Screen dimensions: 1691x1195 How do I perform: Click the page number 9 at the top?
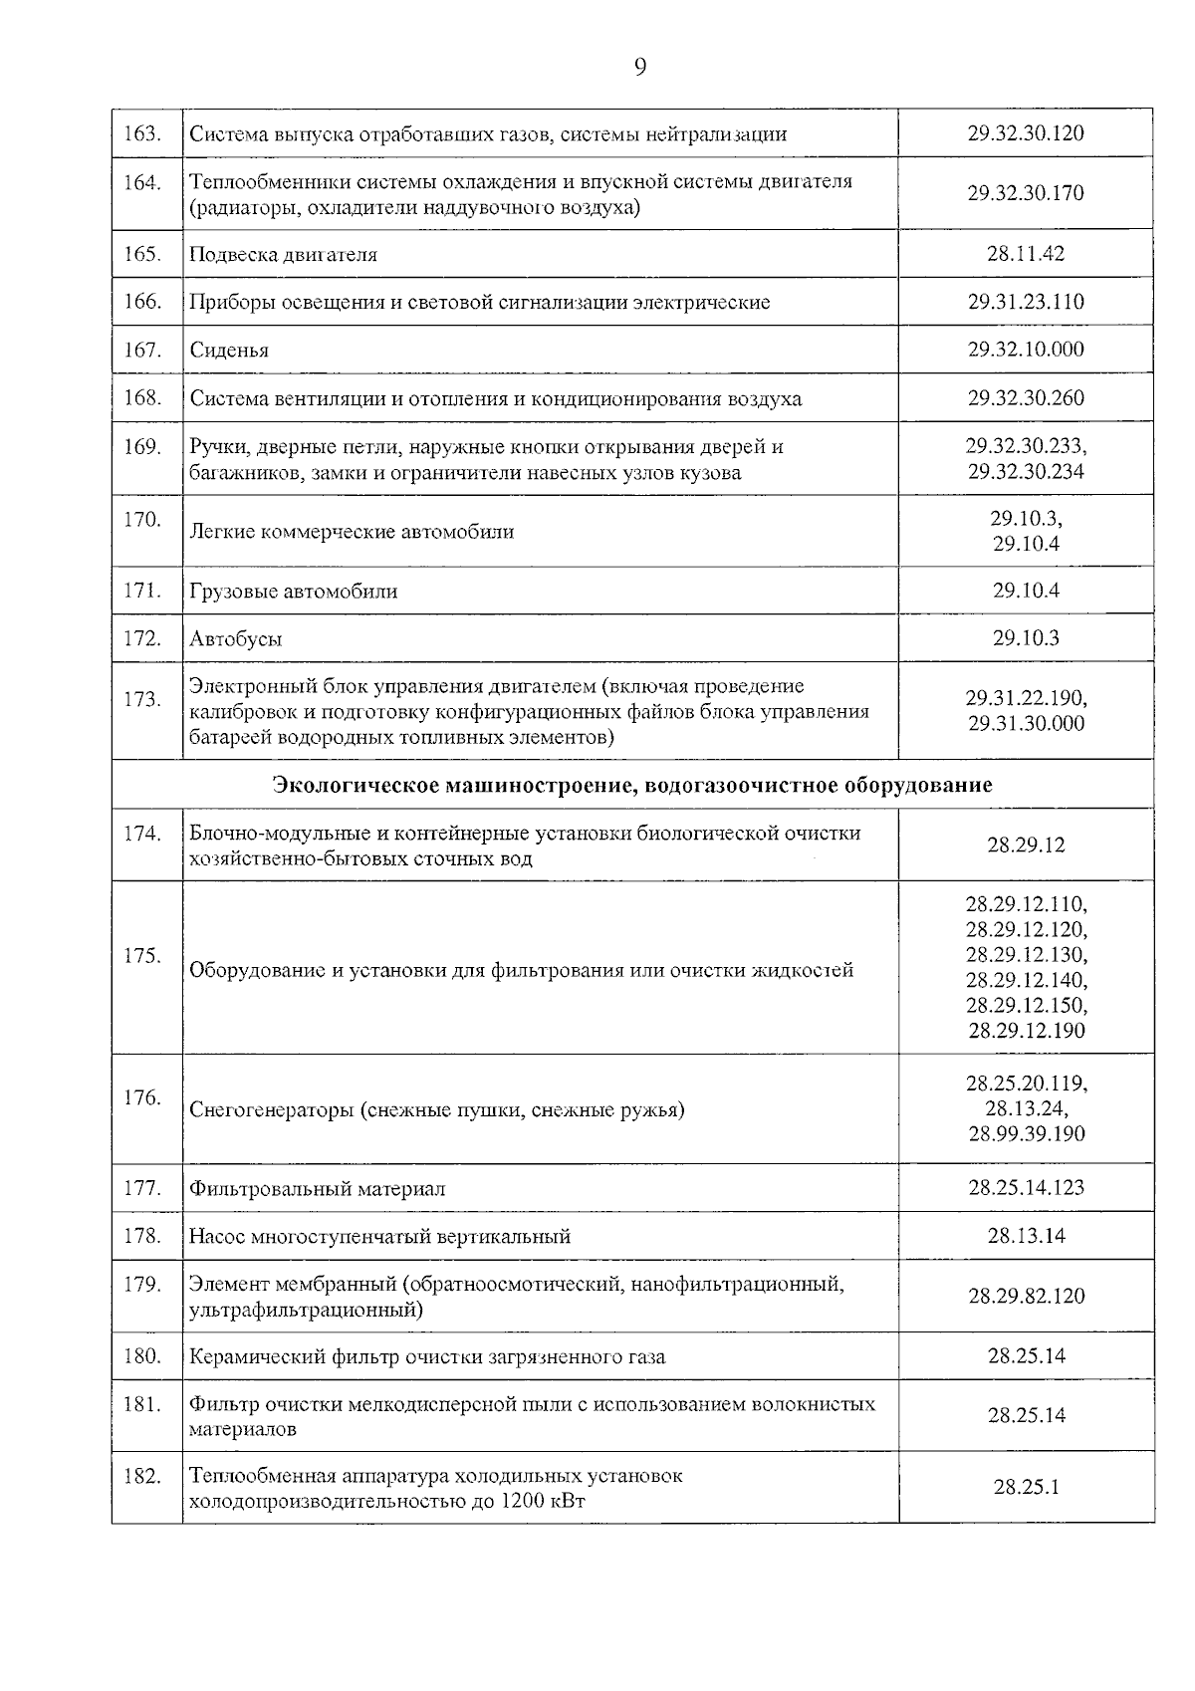[x=639, y=67]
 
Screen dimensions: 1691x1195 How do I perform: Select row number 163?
[x=143, y=132]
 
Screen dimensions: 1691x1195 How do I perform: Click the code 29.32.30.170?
[x=1025, y=192]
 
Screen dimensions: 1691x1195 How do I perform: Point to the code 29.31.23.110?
[x=1025, y=301]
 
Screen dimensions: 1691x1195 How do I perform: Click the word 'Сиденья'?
[x=229, y=350]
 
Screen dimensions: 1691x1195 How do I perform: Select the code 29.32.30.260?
[x=1025, y=397]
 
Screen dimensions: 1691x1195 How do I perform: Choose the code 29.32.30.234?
[x=1026, y=471]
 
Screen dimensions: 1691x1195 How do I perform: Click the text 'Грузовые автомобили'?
[x=294, y=592]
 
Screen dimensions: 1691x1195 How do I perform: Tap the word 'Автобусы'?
[x=236, y=639]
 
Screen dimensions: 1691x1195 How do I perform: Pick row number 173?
[x=143, y=699]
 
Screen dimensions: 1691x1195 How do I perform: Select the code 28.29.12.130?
[x=1026, y=955]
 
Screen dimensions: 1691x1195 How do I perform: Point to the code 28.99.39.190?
[x=1026, y=1133]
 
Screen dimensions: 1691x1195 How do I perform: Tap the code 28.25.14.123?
[x=1026, y=1187]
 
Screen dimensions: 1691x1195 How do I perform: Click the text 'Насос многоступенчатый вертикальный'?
[x=379, y=1236]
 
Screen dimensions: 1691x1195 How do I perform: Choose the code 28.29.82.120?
[x=1026, y=1296]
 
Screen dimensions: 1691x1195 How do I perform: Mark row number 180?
[x=143, y=1355]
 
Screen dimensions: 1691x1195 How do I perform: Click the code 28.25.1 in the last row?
[x=1026, y=1487]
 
